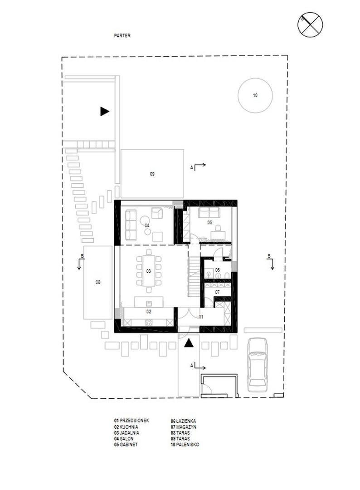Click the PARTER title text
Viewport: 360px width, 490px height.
coord(122,36)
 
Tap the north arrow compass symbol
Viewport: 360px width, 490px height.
coord(310,24)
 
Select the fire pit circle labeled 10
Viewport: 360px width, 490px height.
coord(255,95)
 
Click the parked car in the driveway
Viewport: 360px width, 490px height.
coord(257,365)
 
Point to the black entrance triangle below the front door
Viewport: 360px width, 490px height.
coord(188,343)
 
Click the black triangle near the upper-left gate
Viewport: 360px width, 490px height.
coord(105,111)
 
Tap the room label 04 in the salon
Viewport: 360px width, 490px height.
coord(147,225)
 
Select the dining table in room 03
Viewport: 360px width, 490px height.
coord(149,270)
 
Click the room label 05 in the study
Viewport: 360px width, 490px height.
coord(209,222)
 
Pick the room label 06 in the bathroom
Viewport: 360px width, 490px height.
coord(217,269)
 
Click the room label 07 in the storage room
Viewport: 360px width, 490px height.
coord(217,292)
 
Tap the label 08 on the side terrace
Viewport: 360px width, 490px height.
coord(98,282)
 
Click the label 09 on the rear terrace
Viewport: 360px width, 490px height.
coord(152,174)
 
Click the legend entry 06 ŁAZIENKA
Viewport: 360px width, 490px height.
coord(183,421)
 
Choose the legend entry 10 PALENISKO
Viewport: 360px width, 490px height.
coord(185,444)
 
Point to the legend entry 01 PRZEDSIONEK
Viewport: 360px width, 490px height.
coord(131,421)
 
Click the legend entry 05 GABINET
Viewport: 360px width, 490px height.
coord(126,444)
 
